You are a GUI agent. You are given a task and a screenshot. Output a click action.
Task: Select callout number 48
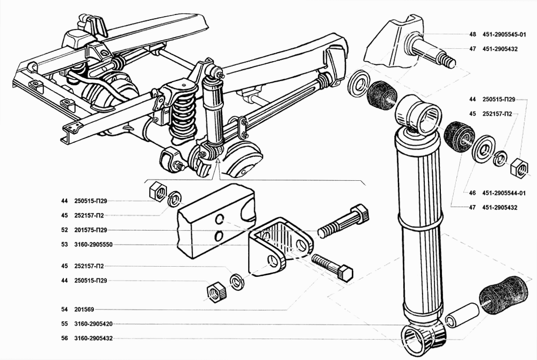(x=473, y=34)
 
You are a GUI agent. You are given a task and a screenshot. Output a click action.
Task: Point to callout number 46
(x=473, y=193)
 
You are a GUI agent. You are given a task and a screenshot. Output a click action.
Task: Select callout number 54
(x=64, y=310)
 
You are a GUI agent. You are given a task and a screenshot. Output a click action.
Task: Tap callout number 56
(x=64, y=339)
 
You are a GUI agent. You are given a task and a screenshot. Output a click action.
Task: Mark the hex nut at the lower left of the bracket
(x=216, y=292)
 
